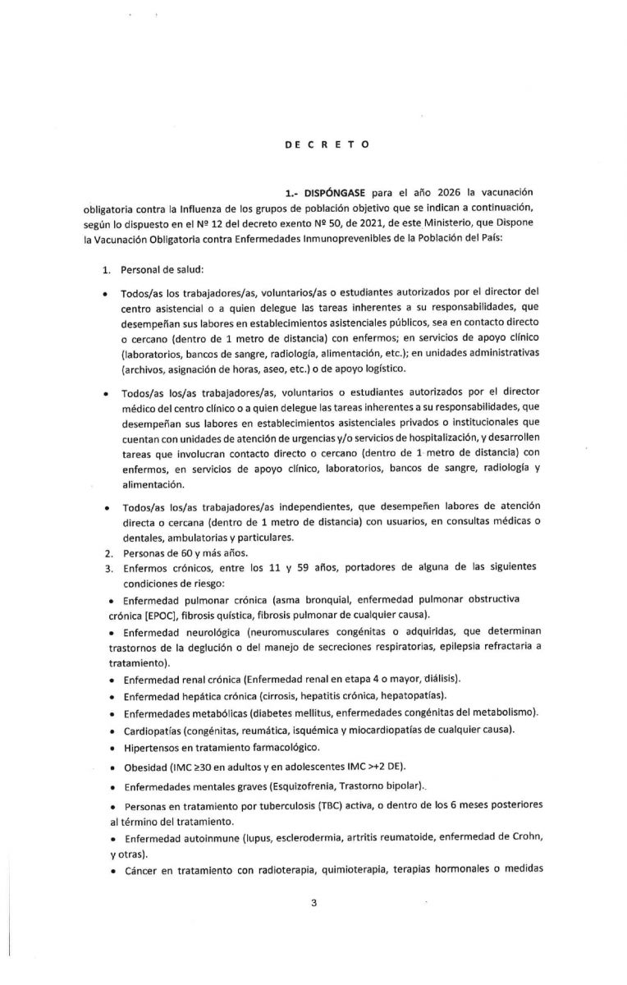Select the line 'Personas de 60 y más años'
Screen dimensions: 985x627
pos(172,553)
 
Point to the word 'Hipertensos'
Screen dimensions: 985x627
pos(153,747)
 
